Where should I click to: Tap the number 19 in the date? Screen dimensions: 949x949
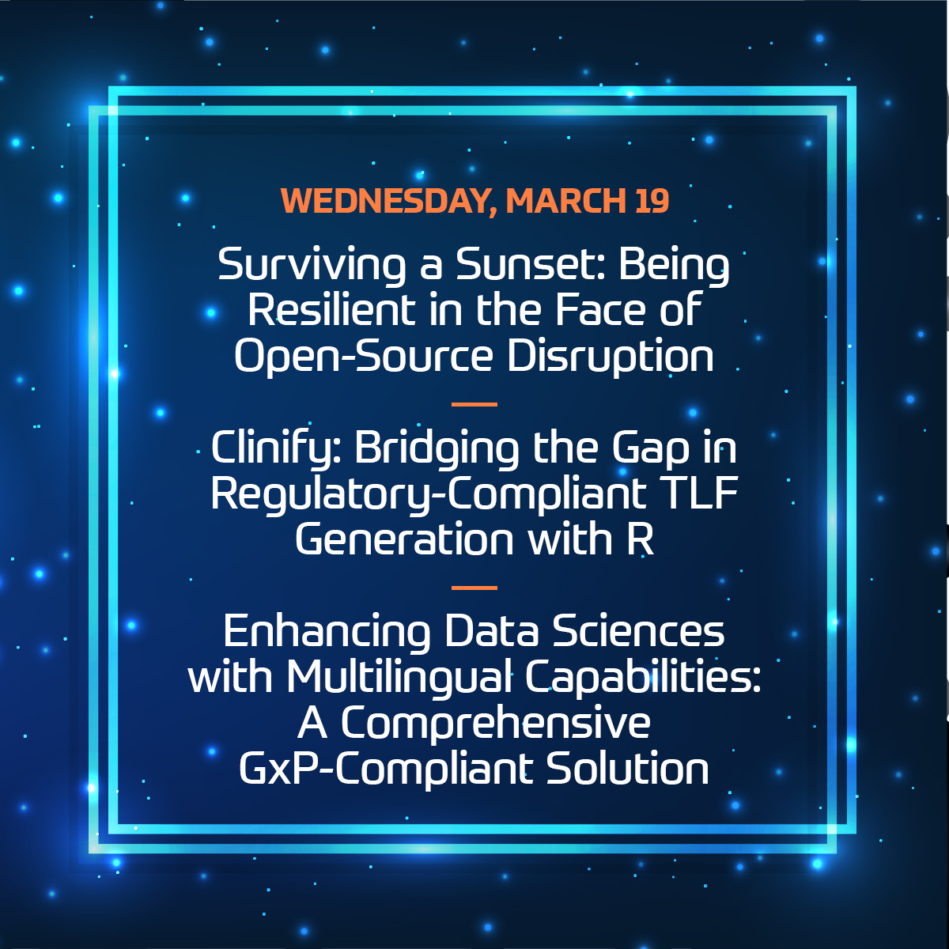651,202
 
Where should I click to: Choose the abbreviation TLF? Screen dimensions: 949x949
698,494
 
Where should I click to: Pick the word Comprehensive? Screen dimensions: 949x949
495,723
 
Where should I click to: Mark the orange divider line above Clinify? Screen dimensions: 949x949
474,404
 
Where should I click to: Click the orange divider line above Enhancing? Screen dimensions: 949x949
474,588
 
